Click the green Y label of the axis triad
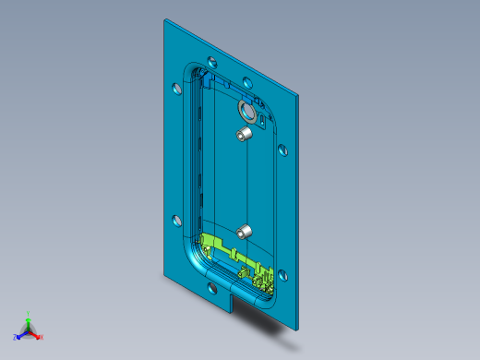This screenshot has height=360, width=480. pyautogui.click(x=29, y=314)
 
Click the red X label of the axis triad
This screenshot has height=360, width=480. pyautogui.click(x=42, y=338)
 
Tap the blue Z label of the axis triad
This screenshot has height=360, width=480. pyautogui.click(x=16, y=338)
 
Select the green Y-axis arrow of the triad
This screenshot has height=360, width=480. pyautogui.click(x=29, y=323)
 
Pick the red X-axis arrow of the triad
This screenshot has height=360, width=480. pyautogui.click(x=35, y=334)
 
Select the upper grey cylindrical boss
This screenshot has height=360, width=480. pyautogui.click(x=245, y=135)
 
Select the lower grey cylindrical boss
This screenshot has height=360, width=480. pyautogui.click(x=245, y=232)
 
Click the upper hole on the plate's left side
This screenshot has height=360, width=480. pyautogui.click(x=177, y=90)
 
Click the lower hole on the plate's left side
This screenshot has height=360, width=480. pyautogui.click(x=176, y=221)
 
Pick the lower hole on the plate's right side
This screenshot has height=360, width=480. pyautogui.click(x=282, y=273)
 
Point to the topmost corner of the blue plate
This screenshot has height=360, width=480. pyautogui.click(x=165, y=20)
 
